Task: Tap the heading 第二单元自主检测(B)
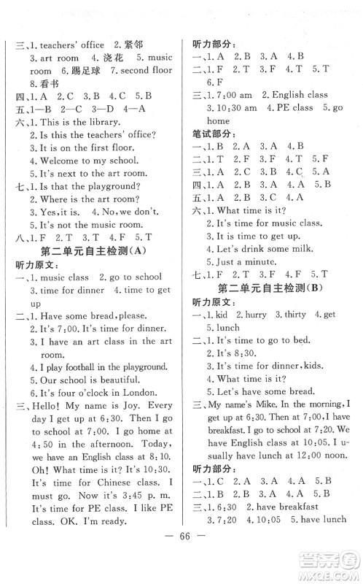(x=273, y=288)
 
